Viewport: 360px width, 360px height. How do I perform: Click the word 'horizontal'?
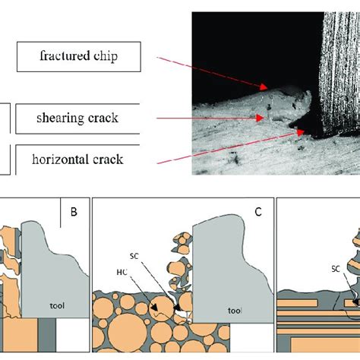pos(62,159)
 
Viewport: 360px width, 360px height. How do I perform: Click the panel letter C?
pos(257,213)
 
